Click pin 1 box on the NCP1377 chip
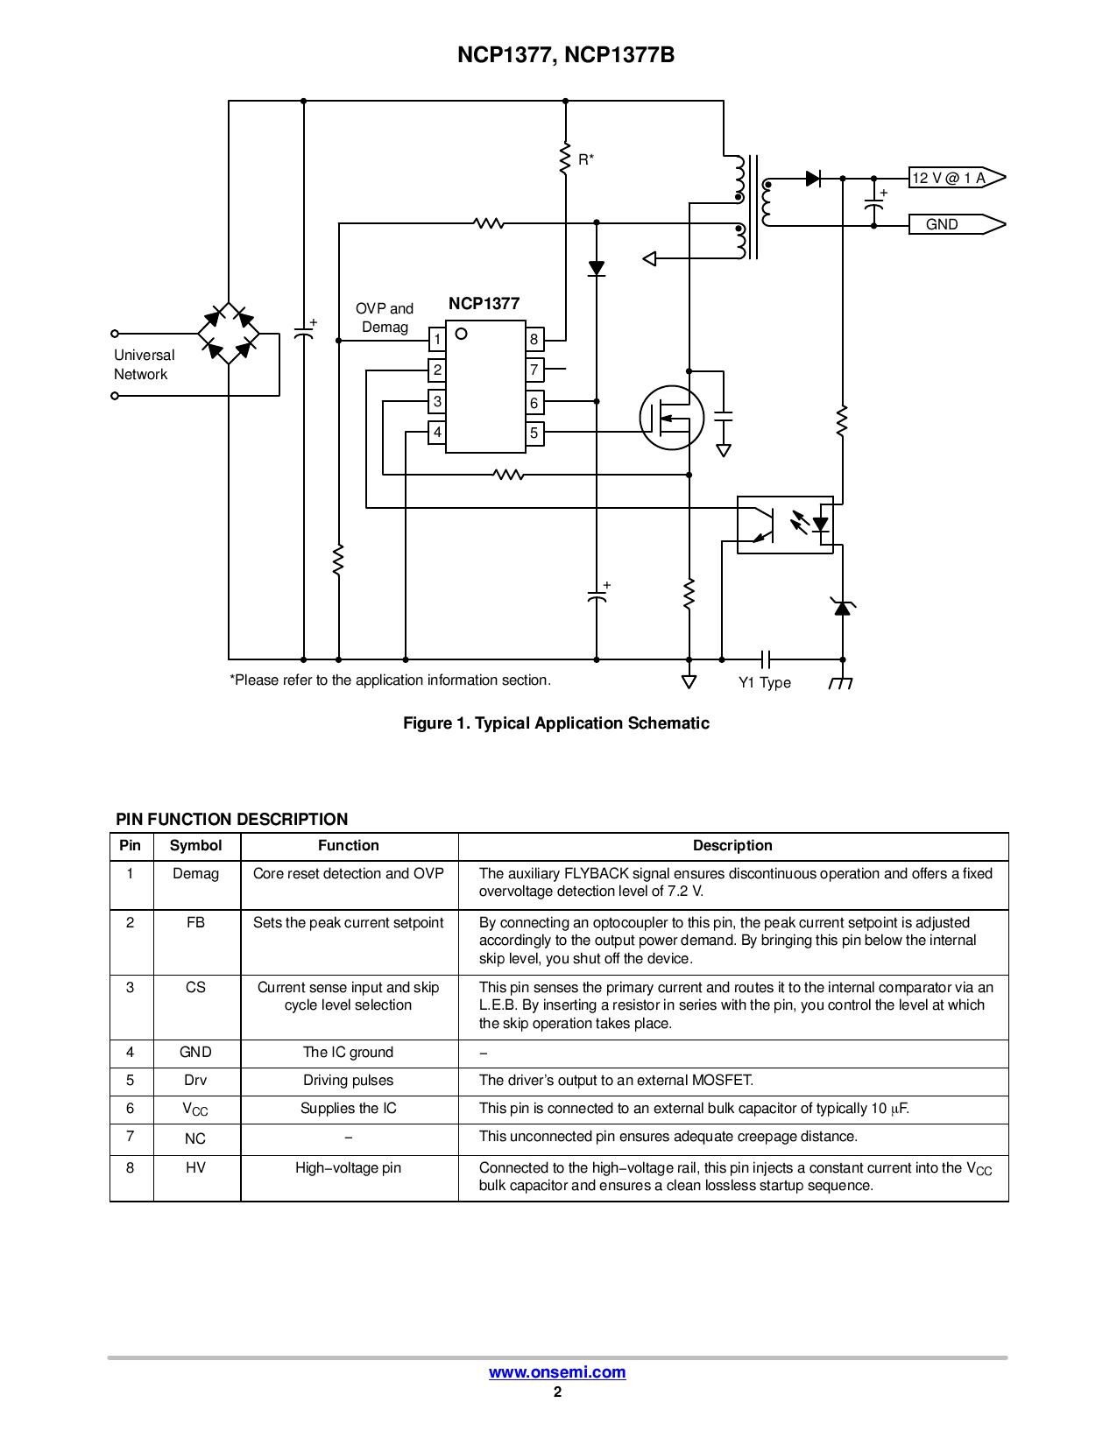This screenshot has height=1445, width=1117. (x=437, y=339)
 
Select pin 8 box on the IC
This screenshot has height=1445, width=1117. (x=534, y=339)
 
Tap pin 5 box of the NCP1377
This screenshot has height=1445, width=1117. (x=534, y=433)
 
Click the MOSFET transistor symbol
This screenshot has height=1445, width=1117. (x=671, y=418)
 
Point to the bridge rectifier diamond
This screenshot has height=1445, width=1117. (x=229, y=334)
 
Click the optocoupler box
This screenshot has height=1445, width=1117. (x=785, y=525)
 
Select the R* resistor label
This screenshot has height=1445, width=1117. (x=586, y=159)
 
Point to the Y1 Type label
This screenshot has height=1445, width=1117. (x=765, y=683)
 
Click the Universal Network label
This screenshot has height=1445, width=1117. (x=144, y=364)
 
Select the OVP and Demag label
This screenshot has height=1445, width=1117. (x=385, y=318)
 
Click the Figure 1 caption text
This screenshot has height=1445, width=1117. (x=556, y=723)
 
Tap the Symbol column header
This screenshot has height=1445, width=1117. (x=195, y=846)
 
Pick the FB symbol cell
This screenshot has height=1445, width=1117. (x=195, y=923)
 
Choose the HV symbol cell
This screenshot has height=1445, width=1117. (x=195, y=1168)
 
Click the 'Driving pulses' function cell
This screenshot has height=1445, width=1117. (x=349, y=1081)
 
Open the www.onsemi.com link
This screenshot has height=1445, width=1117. (x=557, y=1372)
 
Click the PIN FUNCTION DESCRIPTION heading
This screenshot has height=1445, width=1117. (x=232, y=820)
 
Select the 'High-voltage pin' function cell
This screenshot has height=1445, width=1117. (x=349, y=1168)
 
